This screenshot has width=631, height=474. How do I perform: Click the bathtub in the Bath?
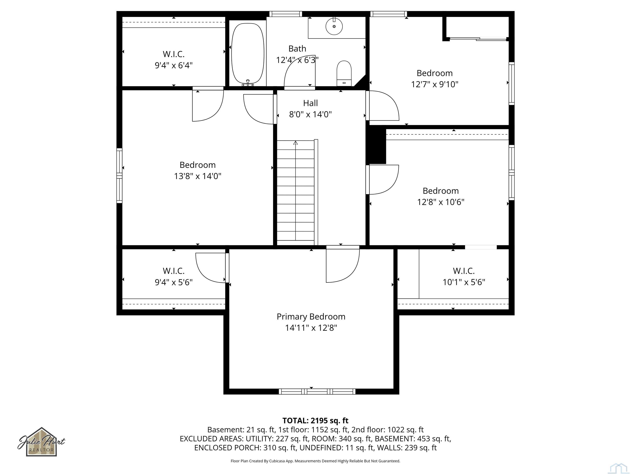click(x=248, y=53)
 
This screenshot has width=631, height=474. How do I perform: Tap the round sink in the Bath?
click(x=334, y=26)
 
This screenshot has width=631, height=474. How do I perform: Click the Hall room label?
click(x=310, y=103)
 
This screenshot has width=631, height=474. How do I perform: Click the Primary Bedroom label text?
click(x=311, y=317)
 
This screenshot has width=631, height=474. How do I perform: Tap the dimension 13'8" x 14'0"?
click(x=198, y=176)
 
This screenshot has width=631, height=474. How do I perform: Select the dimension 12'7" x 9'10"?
click(x=434, y=84)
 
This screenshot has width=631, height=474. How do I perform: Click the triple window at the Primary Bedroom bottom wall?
click(x=317, y=392)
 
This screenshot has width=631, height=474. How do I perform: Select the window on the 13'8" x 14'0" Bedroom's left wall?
click(x=119, y=175)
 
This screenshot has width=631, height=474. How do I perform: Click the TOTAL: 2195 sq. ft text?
click(x=315, y=421)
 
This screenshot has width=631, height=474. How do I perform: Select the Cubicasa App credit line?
click(x=315, y=461)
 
